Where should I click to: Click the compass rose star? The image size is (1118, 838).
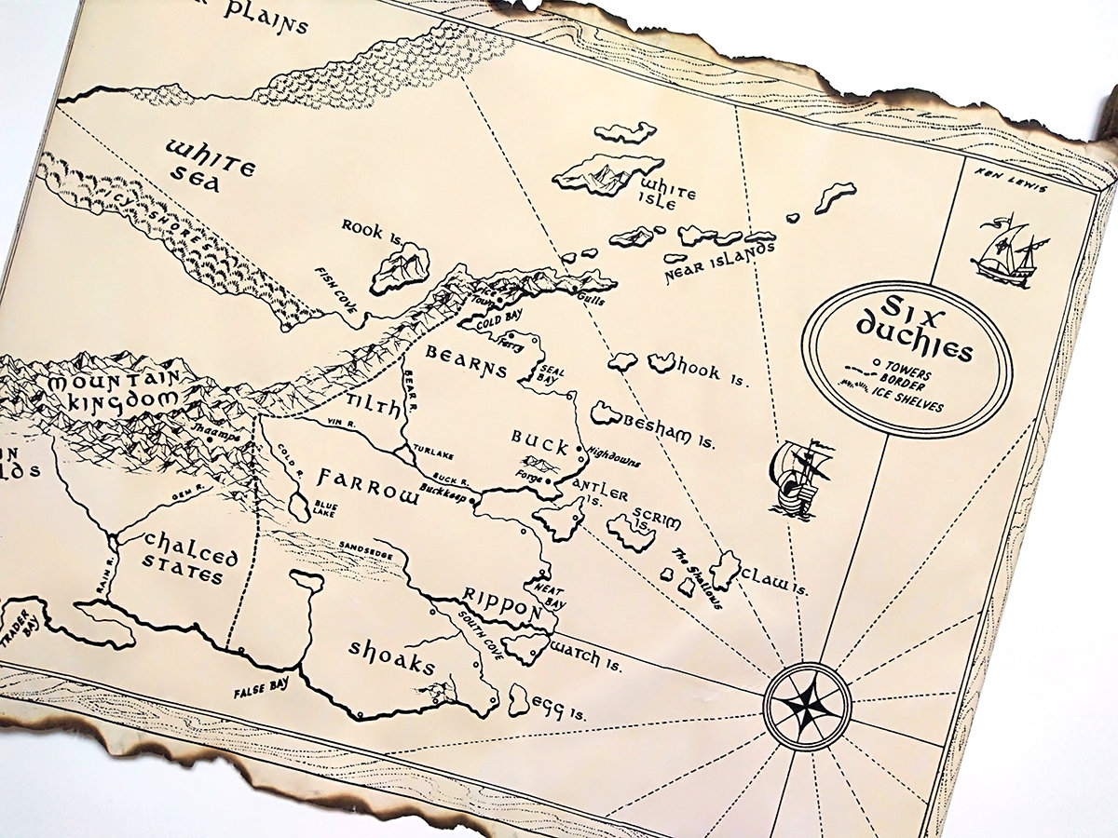click(x=807, y=706)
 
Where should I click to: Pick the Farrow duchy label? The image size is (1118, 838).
click(x=367, y=485)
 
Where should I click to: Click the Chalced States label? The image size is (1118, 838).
click(x=190, y=557)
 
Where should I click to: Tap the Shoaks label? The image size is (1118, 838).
click(x=392, y=656)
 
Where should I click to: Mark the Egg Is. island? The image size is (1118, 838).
click(x=520, y=699)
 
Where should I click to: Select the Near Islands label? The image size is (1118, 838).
click(x=719, y=264)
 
